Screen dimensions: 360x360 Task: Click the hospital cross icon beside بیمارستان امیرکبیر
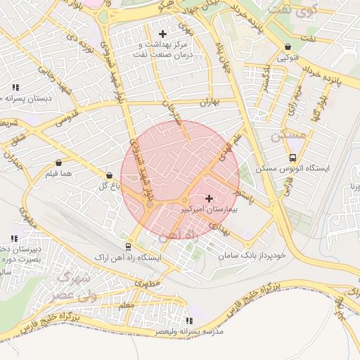[208, 199]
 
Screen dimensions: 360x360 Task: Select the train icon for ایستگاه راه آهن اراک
[128, 247]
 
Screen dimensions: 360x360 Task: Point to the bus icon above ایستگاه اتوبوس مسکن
[292, 158]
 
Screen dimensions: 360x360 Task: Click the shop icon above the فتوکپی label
[288, 47]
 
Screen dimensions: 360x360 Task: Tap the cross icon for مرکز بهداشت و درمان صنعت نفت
[163, 33]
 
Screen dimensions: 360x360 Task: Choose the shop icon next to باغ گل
[109, 175]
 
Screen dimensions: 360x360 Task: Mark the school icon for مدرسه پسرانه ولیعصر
[186, 320]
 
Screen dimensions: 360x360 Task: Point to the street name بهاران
[210, 103]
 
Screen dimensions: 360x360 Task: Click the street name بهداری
[220, 229]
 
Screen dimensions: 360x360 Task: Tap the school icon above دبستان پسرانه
[15, 87]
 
